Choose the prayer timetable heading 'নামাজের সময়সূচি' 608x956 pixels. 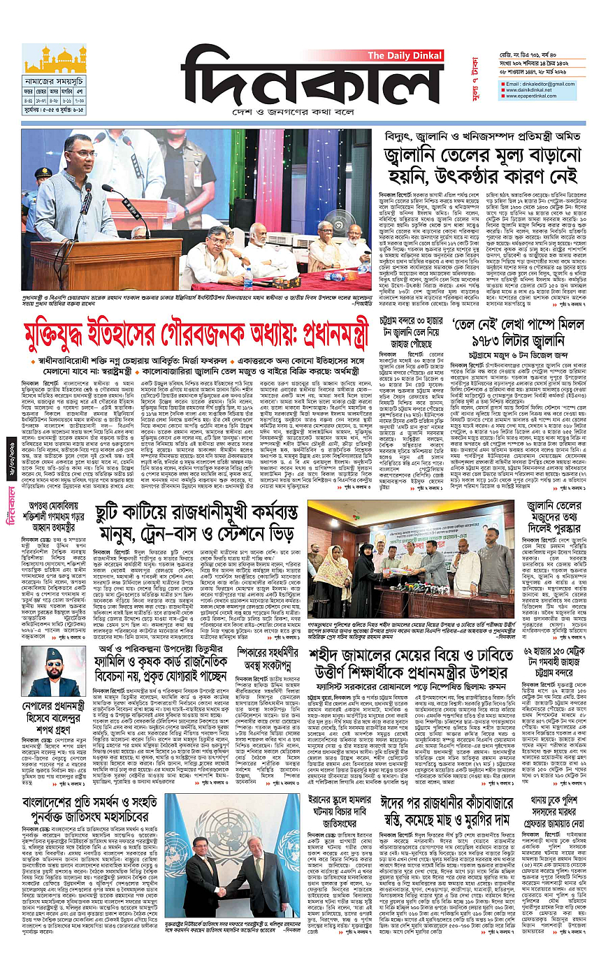pos(54,82)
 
